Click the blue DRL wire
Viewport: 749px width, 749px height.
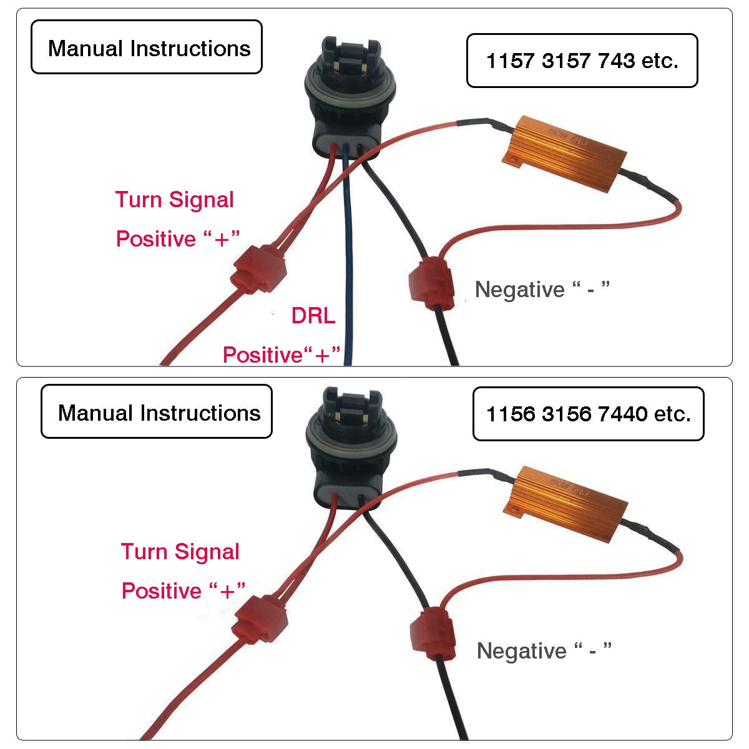pyautogui.click(x=347, y=262)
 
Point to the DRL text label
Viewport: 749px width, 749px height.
pyautogui.click(x=313, y=316)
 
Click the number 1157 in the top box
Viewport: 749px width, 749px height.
pyautogui.click(x=511, y=61)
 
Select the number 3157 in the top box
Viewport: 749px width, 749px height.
pyautogui.click(x=567, y=61)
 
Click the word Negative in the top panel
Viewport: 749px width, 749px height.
pyautogui.click(x=519, y=289)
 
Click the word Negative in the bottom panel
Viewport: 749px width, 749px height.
pyautogui.click(x=521, y=650)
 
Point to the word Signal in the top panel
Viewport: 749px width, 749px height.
pyautogui.click(x=201, y=200)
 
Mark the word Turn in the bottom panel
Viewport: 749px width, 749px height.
pyautogui.click(x=144, y=552)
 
